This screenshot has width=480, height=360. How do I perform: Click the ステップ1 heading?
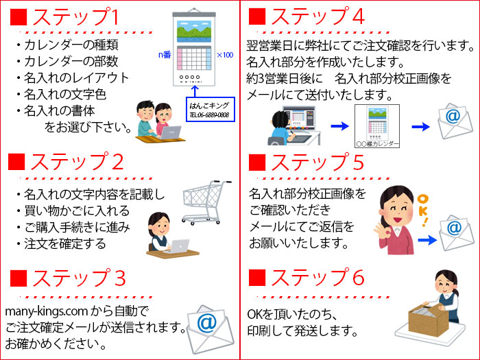75,17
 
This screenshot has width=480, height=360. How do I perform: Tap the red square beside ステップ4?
257,16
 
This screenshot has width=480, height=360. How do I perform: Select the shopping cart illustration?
206,202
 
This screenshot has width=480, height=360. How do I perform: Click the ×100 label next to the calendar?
225,55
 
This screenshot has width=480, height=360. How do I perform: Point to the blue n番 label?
165,55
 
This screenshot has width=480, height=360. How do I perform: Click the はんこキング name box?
211,110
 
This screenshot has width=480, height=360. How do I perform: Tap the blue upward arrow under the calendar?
195,91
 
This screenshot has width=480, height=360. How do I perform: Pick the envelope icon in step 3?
210,329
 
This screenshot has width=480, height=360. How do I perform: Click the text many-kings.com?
46,311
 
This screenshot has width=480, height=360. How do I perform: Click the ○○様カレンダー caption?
377,144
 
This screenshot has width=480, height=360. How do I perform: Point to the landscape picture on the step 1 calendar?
194,32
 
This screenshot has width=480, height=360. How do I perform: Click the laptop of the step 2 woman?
178,246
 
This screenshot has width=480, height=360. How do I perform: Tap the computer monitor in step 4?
300,118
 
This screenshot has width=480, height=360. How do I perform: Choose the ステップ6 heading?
317,278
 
